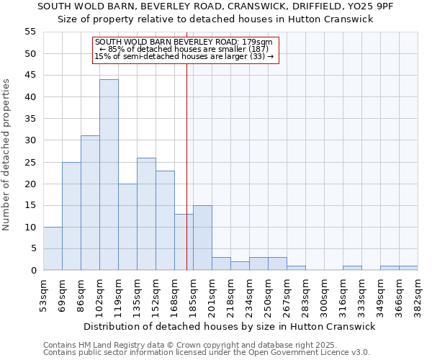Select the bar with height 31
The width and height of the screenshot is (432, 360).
[x=90, y=203]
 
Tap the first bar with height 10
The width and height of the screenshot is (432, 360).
[x=53, y=248]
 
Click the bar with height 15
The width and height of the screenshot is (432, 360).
[x=202, y=238]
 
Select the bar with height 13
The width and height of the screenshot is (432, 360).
[x=184, y=242]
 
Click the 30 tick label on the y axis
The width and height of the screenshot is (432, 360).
[x=30, y=140]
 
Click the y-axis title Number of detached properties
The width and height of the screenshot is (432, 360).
[x=7, y=155]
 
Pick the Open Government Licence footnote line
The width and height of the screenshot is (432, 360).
[x=207, y=352]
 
